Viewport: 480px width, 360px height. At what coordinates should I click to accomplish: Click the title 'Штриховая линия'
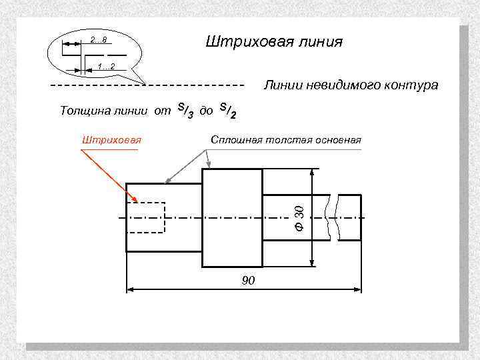273,43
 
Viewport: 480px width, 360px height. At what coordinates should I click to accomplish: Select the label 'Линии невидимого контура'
351,85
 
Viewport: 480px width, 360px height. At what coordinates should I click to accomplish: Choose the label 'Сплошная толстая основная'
285,140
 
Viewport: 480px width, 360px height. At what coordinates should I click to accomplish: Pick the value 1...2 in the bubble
106,67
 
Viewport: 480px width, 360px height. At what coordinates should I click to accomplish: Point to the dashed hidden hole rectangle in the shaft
145,217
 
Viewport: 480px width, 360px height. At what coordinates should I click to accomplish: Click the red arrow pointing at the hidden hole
110,176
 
